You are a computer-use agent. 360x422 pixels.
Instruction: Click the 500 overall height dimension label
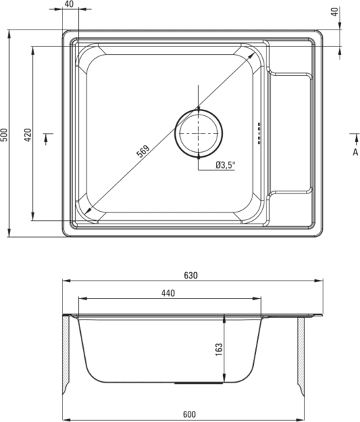[x=5, y=134]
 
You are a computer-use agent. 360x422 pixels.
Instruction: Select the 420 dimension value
[x=28, y=135]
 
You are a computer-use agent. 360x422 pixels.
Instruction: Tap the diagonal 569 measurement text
[x=143, y=151]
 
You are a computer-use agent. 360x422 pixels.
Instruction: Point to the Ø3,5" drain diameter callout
[x=225, y=165]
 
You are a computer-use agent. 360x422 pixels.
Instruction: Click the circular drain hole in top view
[x=198, y=133]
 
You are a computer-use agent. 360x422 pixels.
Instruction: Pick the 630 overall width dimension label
[x=191, y=276]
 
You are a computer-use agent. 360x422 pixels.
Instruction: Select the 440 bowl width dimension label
[x=168, y=293]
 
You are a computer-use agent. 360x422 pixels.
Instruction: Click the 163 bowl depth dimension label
[x=219, y=350]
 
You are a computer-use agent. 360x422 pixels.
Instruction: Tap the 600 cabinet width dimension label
[x=189, y=414]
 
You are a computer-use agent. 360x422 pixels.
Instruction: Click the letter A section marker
[x=355, y=152]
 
